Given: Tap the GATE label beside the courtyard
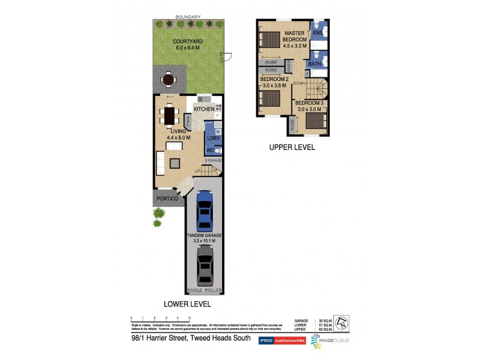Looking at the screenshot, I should pyautogui.click(x=221, y=58).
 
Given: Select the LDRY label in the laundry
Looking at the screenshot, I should pyautogui.click(x=214, y=139).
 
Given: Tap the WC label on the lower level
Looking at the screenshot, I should pyautogui.click(x=210, y=150).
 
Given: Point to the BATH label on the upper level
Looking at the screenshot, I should pyautogui.click(x=314, y=64).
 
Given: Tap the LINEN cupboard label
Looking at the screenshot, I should pyautogui.click(x=288, y=65).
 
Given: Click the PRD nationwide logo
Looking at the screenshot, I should pyautogui.click(x=282, y=340).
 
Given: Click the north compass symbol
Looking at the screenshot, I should pyautogui.click(x=340, y=323).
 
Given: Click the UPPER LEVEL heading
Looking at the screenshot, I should pyautogui.click(x=292, y=147).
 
